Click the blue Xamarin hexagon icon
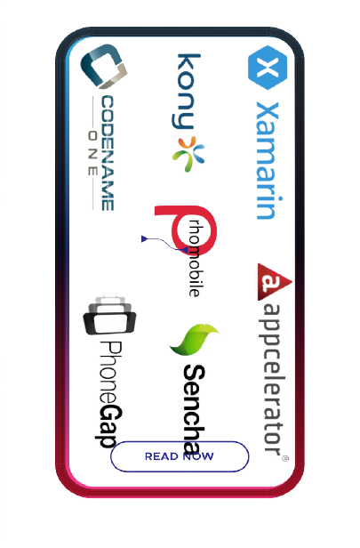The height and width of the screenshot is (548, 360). tap(268, 68)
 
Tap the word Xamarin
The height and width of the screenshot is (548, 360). tap(268, 161)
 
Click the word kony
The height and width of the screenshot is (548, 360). tap(188, 92)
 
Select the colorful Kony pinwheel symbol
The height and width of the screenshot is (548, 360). tap(188, 154)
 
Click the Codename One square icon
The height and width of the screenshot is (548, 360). tap(104, 66)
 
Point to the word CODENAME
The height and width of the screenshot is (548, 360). tap(108, 153)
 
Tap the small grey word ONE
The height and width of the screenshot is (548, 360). tap(92, 153)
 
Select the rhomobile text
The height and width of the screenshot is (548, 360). tap(195, 258)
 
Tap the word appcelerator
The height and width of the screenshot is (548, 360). tap(273, 378)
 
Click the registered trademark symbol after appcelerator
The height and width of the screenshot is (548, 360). tap(285, 458)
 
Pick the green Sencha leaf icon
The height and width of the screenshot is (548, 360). tap(193, 339)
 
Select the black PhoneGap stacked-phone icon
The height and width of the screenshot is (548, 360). tap(109, 315)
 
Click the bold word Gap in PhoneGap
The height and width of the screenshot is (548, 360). tap(109, 426)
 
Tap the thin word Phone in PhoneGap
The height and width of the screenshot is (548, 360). tap(111, 373)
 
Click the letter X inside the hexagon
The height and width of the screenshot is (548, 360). tap(268, 68)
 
